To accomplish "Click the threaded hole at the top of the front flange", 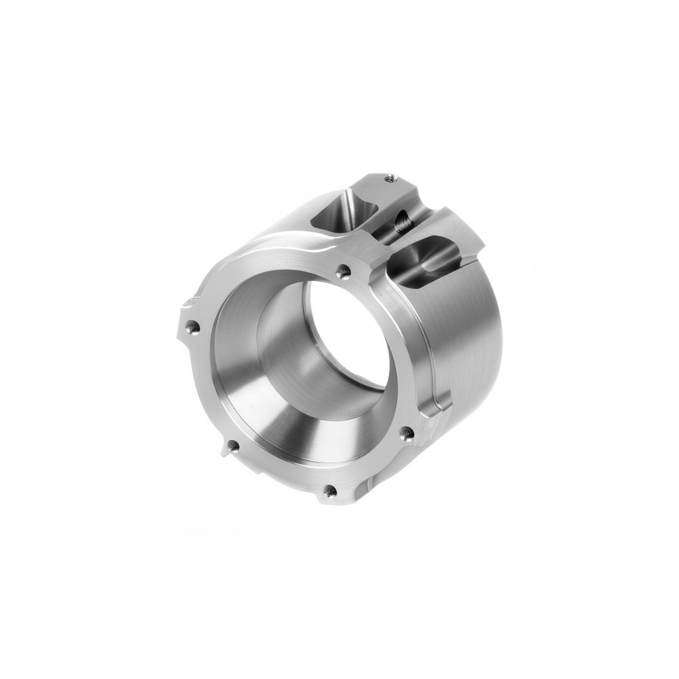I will point(342,272).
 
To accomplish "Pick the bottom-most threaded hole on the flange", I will point(331,490).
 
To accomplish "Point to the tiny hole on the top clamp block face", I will point(390,179).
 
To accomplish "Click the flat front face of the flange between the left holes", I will point(204,380).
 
